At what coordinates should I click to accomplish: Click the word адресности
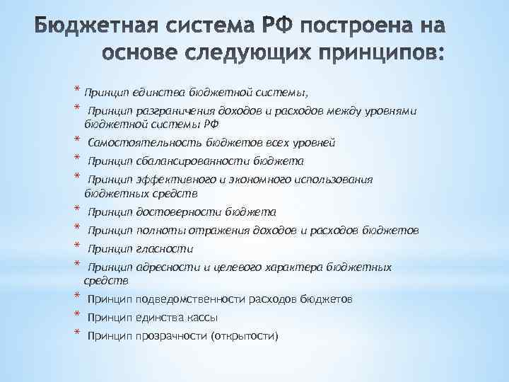[166, 267]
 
